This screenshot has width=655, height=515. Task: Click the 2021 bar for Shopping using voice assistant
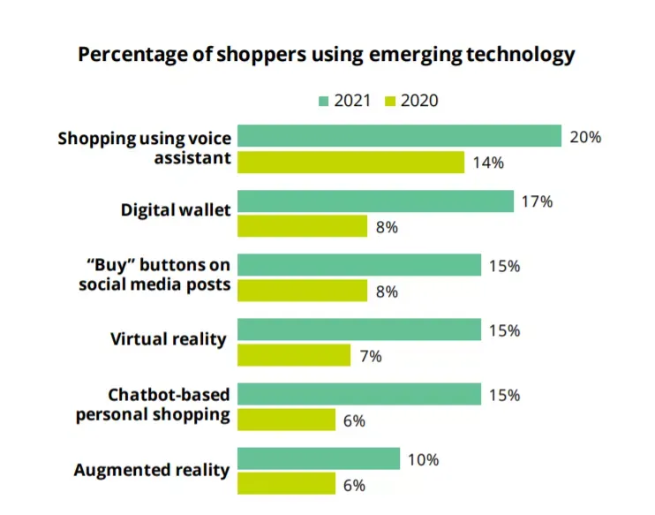pyautogui.click(x=399, y=135)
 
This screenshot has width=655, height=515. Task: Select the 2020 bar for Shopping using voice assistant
pyautogui.click(x=351, y=162)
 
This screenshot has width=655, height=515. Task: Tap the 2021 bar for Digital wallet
pyautogui.click(x=375, y=201)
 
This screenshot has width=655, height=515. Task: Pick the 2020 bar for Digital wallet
pyautogui.click(x=303, y=226)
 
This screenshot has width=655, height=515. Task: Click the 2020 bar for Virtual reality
pyautogui.click(x=294, y=355)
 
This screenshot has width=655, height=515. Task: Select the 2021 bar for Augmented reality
pyautogui.click(x=319, y=458)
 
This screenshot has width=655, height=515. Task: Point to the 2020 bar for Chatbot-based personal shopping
pyautogui.click(x=287, y=420)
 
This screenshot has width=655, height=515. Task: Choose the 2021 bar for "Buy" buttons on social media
pyautogui.click(x=359, y=265)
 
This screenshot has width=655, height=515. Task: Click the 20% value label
pyautogui.click(x=585, y=137)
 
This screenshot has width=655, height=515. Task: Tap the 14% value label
pyautogui.click(x=488, y=163)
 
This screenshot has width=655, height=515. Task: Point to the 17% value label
pyautogui.click(x=538, y=202)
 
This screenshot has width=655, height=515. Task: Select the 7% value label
pyautogui.click(x=371, y=357)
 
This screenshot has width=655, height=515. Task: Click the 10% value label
pyautogui.click(x=423, y=460)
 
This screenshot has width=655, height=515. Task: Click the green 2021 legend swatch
pyautogui.click(x=323, y=102)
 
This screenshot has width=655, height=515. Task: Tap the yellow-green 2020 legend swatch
pyautogui.click(x=390, y=102)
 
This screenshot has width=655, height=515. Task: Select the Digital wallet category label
pyautogui.click(x=176, y=210)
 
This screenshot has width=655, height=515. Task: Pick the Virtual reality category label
pyautogui.click(x=169, y=339)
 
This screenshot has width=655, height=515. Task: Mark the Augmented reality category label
pyautogui.click(x=152, y=470)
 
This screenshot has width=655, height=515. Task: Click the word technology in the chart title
pyautogui.click(x=521, y=55)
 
